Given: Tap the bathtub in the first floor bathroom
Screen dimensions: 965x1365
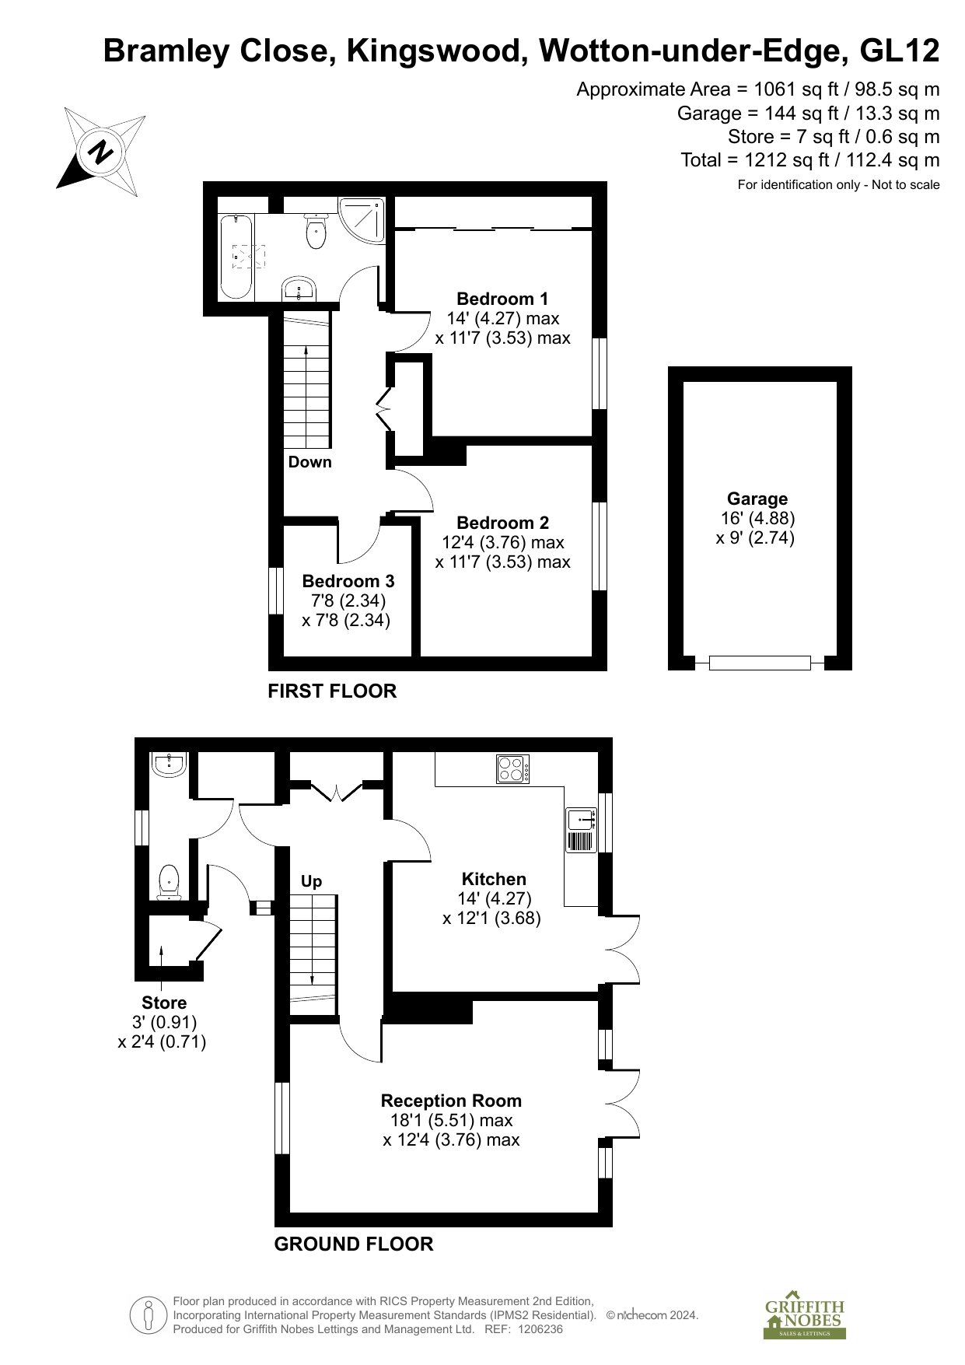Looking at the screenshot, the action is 236,257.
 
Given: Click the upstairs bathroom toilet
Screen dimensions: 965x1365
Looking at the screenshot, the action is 316,230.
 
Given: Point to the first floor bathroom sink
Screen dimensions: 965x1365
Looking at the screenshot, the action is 298,289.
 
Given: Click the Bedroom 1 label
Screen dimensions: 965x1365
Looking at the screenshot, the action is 502,299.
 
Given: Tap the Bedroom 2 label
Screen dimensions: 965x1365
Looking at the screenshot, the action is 502,523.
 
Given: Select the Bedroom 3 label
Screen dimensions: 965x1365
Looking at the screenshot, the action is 348,581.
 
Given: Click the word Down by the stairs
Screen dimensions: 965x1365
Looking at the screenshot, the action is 310,462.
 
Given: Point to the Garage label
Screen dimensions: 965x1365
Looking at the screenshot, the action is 757,499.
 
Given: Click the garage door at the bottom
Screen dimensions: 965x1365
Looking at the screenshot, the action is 760,663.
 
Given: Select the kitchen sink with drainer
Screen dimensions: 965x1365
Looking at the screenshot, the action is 581,830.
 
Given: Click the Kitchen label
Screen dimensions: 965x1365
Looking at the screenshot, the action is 494,879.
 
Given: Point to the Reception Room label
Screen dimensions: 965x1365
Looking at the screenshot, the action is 451,1101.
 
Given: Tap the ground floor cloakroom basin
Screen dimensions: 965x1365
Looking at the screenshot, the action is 169,765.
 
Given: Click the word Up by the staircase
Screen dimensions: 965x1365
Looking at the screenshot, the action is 311,881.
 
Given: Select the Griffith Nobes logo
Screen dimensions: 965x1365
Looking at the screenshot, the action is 805,1318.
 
